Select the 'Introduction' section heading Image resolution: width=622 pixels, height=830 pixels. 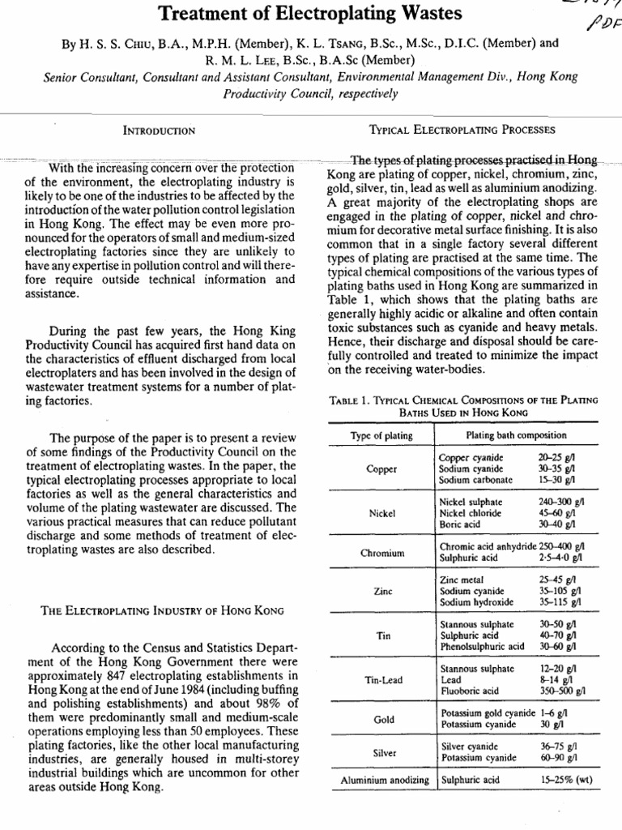click(159, 130)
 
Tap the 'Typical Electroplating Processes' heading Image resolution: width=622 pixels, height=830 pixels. click(462, 129)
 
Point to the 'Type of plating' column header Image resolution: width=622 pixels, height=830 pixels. click(381, 436)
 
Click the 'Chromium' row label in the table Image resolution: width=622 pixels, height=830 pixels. click(381, 554)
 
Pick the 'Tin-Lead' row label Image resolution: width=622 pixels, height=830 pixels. click(381, 679)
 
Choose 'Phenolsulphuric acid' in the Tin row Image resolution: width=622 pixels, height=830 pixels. click(482, 647)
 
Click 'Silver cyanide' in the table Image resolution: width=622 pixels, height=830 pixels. click(470, 747)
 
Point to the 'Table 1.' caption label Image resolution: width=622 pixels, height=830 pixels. click(351, 400)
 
